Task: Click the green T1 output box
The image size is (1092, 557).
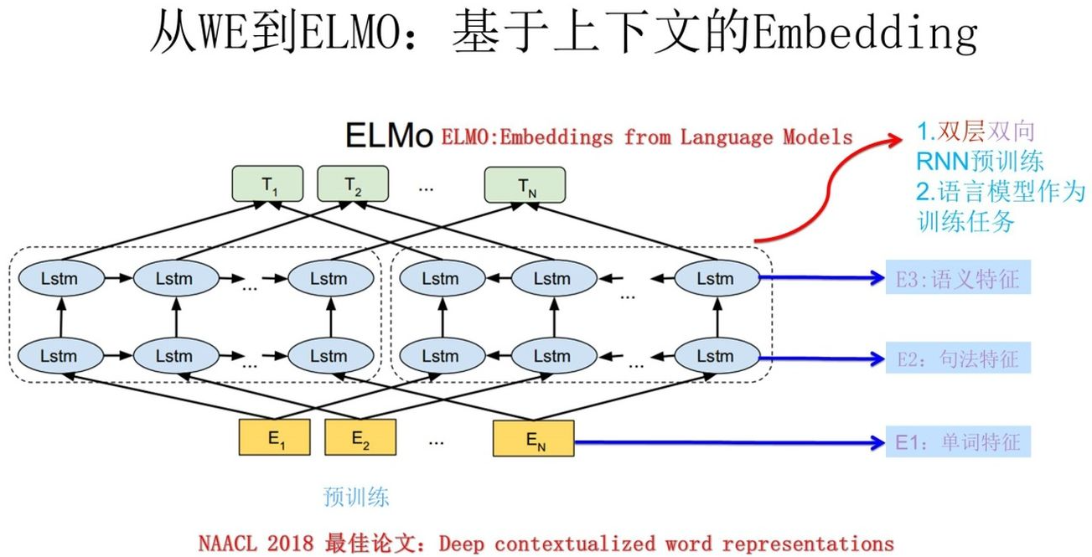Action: [x=268, y=185]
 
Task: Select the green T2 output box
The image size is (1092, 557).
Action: [x=353, y=185]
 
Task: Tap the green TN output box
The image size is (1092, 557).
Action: [x=525, y=185]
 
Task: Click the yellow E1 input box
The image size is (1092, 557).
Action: [x=274, y=438]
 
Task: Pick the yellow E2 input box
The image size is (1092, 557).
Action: [x=360, y=438]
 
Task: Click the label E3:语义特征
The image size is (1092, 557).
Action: [x=957, y=278]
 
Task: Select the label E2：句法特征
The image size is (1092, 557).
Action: [x=957, y=359]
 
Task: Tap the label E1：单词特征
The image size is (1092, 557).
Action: [x=957, y=441]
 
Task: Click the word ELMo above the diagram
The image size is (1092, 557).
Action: [x=390, y=136]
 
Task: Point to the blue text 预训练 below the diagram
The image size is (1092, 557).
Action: [x=356, y=497]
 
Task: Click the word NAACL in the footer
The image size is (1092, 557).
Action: [x=227, y=543]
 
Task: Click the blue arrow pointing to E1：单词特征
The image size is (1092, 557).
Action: [x=729, y=441]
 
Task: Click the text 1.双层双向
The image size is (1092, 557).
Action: [x=976, y=132]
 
